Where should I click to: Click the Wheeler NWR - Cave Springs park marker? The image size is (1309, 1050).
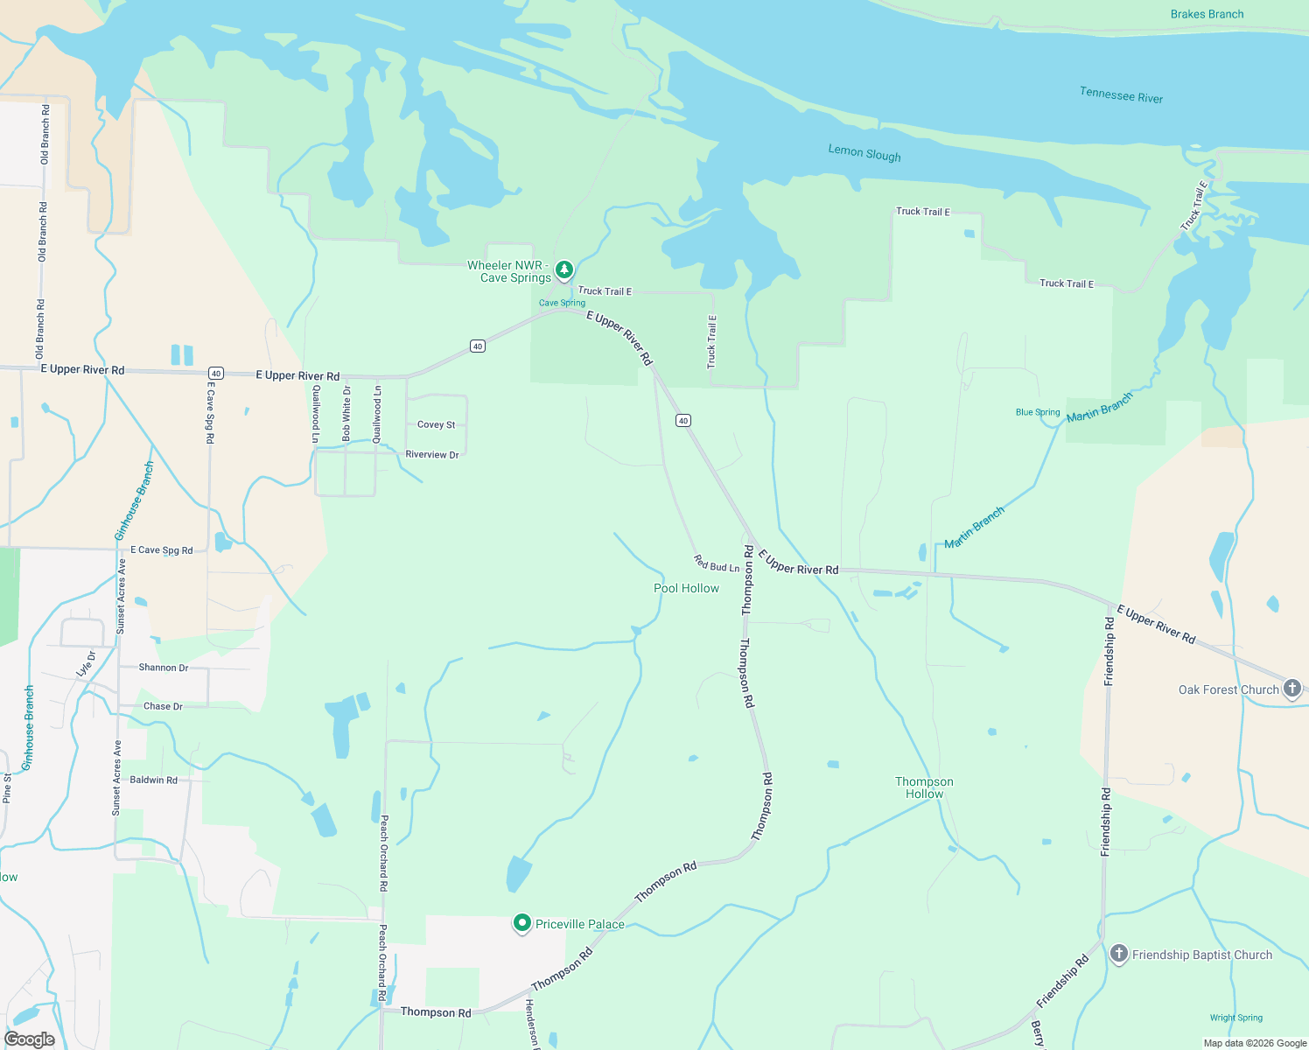[x=564, y=269]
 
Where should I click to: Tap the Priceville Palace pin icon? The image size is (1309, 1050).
[x=522, y=923]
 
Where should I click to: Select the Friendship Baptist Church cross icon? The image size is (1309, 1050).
[x=1118, y=954]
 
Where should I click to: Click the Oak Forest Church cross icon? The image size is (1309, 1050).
[x=1293, y=689]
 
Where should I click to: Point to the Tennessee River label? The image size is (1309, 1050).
[x=1121, y=95]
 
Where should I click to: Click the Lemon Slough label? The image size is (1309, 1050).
[x=864, y=153]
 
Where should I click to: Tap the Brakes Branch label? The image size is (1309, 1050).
[x=1207, y=14]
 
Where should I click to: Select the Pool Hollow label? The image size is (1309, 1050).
[x=686, y=588]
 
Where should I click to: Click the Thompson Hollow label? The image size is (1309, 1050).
[x=924, y=787]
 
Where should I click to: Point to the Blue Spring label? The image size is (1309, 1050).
[x=1038, y=412]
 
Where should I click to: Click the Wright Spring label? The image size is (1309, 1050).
[x=1235, y=1018]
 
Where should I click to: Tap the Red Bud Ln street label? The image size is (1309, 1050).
[x=717, y=563]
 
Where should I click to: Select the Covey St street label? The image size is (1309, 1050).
[x=436, y=424]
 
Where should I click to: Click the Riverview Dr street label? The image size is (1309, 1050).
[x=432, y=455]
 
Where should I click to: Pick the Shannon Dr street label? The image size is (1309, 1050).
[x=164, y=668]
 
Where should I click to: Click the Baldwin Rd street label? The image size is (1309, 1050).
[x=153, y=780]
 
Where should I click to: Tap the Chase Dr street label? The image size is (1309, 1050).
[x=163, y=706]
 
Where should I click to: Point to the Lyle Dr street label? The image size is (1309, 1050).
[x=86, y=663]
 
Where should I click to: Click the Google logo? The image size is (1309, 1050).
[x=30, y=1039]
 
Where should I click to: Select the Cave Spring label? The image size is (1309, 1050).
[x=562, y=303]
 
